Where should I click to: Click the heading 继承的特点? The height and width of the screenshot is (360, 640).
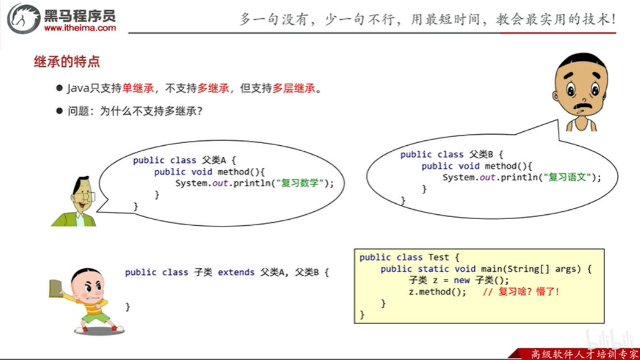tap(67, 62)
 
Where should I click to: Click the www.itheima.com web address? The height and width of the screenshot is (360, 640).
tap(80, 28)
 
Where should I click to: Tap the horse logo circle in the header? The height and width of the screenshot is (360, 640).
tap(23, 19)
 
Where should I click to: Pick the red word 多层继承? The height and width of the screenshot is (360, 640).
tap(293, 88)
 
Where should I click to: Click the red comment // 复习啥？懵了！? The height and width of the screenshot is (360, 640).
tap(521, 292)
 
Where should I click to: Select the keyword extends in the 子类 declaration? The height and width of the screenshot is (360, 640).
tap(236, 272)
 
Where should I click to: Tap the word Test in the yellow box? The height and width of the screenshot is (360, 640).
tap(438, 257)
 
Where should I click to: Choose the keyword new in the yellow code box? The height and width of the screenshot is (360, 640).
tap(461, 280)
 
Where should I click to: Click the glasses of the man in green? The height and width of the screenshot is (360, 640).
tap(87, 196)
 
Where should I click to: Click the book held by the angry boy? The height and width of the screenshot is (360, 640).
tap(55, 288)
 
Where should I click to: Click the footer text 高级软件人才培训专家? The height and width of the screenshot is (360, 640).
tap(584, 354)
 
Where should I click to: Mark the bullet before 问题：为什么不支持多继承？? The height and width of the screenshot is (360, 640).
tap(60, 111)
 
